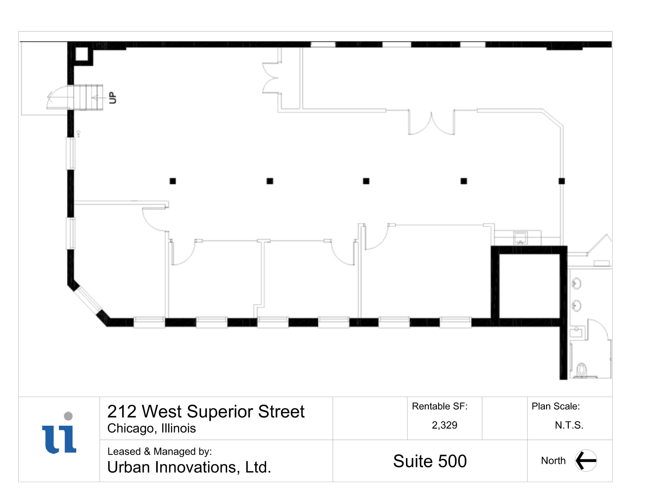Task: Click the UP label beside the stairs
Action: pyautogui.click(x=112, y=98)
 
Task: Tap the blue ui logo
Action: pyautogui.click(x=59, y=438)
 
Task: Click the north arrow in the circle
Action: pyautogui.click(x=585, y=460)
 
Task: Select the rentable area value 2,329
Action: pyautogui.click(x=444, y=425)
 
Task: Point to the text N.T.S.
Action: pyautogui.click(x=569, y=425)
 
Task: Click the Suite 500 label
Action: pyautogui.click(x=430, y=461)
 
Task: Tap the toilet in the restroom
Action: pyautogui.click(x=581, y=370)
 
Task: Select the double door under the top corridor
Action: pyautogui.click(x=431, y=123)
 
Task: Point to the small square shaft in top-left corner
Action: pyautogui.click(x=82, y=54)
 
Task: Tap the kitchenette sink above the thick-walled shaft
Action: pyautogui.click(x=520, y=238)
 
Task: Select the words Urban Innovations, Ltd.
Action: pyautogui.click(x=189, y=467)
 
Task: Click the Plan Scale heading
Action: pyautogui.click(x=556, y=406)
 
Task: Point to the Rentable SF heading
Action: pyautogui.click(x=440, y=406)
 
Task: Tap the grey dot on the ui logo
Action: pyautogui.click(x=68, y=416)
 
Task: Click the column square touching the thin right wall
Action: pyautogui.click(x=562, y=181)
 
